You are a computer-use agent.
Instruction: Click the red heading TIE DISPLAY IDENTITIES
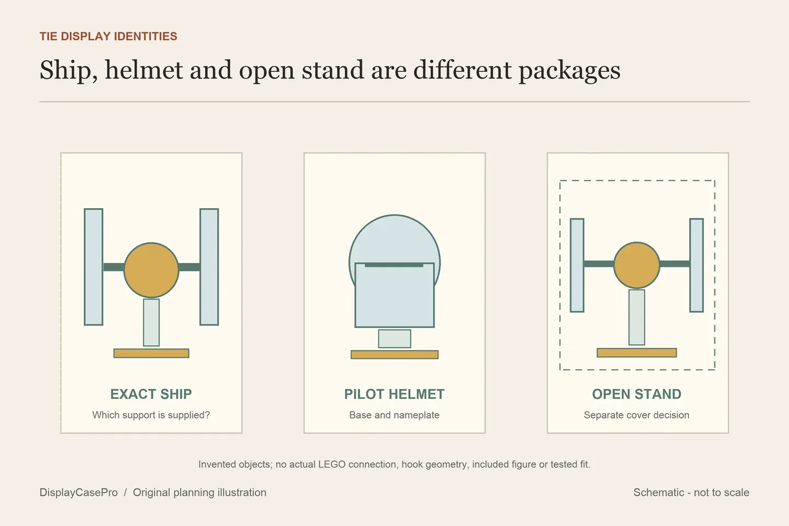point(108,36)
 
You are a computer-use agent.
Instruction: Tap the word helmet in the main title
point(144,70)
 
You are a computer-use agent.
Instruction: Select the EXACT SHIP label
point(151,394)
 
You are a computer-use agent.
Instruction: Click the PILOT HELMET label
point(394,394)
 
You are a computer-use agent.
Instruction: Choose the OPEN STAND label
point(637,394)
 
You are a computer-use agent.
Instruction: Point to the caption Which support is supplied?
point(151,415)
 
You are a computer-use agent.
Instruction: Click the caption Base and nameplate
point(394,415)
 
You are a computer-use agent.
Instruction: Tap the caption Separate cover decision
point(637,415)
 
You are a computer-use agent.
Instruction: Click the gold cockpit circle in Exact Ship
point(151,270)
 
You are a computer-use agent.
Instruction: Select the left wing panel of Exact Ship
point(93,267)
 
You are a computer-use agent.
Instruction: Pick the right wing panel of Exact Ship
point(209,267)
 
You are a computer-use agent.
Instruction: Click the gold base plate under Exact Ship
point(151,353)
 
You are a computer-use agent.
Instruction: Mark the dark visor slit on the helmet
point(394,265)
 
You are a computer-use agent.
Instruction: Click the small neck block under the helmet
point(395,339)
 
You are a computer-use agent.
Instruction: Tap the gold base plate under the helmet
point(395,355)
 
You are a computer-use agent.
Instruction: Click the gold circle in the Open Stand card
point(637,265)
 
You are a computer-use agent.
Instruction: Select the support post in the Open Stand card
point(637,317)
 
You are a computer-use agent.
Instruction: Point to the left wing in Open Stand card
point(577,265)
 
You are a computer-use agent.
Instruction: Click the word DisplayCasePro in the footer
point(78,493)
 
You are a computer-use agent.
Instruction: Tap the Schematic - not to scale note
point(691,493)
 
